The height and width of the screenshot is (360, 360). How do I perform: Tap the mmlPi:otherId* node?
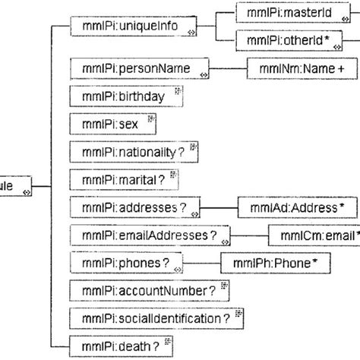pyautogui.click(x=283, y=39)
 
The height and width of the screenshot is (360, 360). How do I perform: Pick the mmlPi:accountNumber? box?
pyautogui.click(x=145, y=290)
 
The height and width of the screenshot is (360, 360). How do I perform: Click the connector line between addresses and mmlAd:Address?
pyautogui.click(x=218, y=207)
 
